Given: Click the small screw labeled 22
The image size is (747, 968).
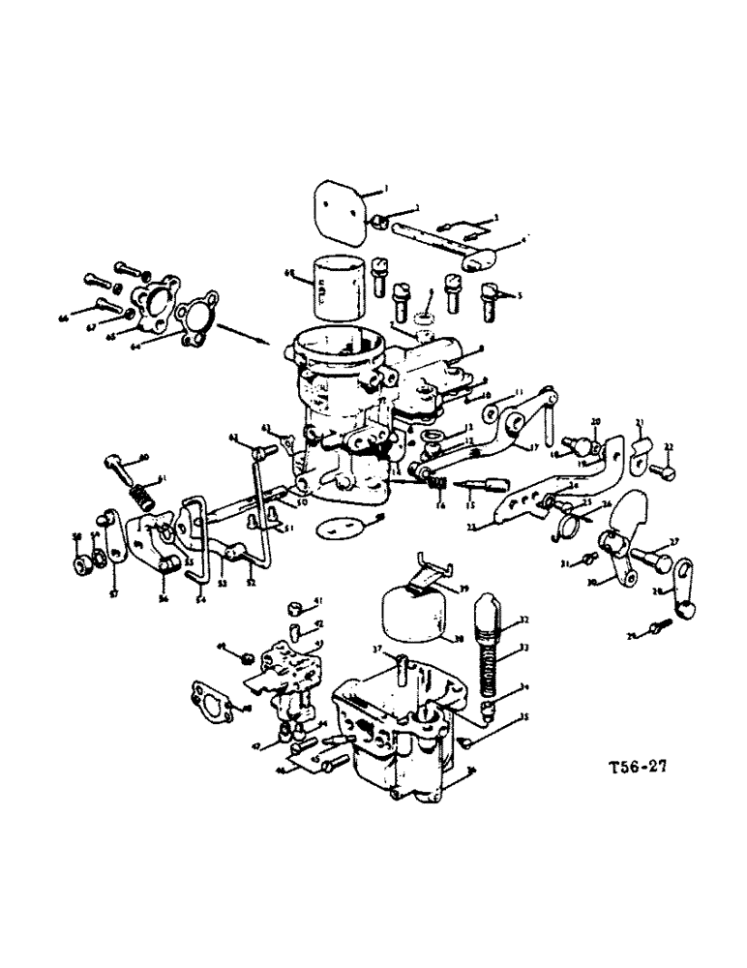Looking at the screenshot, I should pos(662,471).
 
